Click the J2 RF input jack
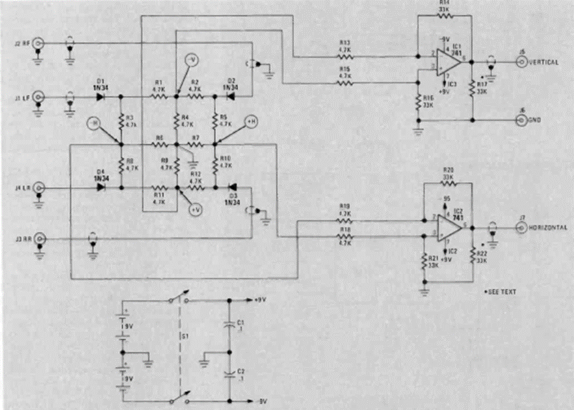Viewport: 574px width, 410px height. coord(39,44)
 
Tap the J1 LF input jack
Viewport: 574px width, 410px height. coord(39,97)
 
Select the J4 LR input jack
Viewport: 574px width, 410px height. coord(39,188)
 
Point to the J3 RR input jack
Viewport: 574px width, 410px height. coord(39,238)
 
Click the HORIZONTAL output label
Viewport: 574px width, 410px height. coord(549,227)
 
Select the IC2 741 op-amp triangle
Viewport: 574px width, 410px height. coord(448,227)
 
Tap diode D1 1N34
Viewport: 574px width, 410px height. coord(101,97)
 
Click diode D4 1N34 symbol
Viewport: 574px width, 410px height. coord(101,188)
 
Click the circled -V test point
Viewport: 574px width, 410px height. coord(191,59)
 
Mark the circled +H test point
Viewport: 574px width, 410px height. coord(251,122)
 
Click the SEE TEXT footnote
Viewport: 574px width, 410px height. coord(501,292)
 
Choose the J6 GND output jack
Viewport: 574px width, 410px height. coord(521,120)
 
